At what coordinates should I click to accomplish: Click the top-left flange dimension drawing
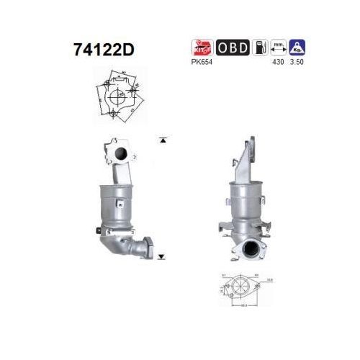click(119, 96)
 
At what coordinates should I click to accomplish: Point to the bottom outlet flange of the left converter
click(145, 250)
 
